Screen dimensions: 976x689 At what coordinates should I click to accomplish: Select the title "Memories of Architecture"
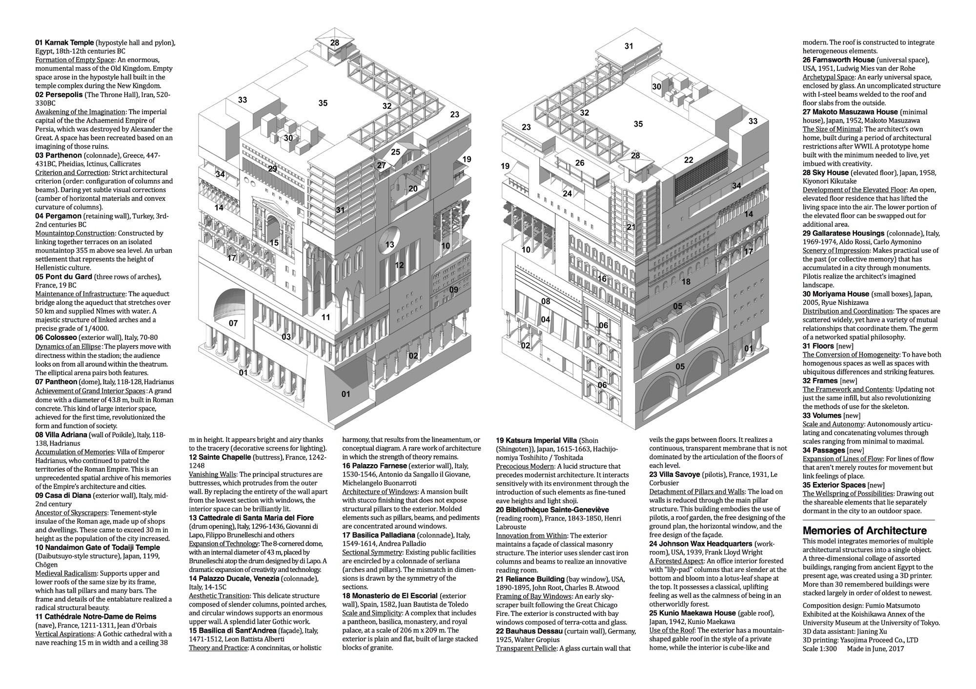864,531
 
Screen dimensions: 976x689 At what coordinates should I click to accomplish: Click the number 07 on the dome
233,323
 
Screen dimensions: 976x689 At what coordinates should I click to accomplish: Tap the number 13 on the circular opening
389,245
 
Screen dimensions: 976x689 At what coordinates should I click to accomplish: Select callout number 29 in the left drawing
272,169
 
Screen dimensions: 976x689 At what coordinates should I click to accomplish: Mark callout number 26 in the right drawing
580,163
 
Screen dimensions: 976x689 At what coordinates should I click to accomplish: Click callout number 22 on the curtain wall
689,160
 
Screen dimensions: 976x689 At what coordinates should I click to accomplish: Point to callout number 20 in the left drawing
413,189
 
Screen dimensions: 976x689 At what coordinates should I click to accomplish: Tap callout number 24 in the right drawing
567,194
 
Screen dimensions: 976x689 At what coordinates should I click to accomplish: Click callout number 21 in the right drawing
631,227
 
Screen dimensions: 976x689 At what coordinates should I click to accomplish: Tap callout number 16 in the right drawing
602,279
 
